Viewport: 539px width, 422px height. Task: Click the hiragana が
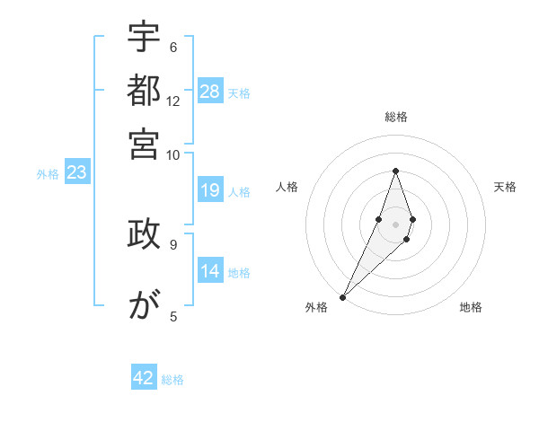click(144, 305)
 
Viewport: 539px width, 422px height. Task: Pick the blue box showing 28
click(210, 91)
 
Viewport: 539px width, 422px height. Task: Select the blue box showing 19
click(210, 189)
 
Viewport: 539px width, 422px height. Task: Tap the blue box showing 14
click(210, 270)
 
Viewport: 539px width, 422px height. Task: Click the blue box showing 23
click(76, 172)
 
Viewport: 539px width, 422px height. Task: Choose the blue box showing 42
click(144, 378)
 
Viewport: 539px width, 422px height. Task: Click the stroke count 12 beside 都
click(173, 101)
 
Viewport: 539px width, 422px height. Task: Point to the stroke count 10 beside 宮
click(173, 154)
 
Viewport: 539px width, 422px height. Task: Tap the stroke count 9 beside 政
click(173, 243)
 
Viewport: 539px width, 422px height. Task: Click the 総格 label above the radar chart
click(395, 117)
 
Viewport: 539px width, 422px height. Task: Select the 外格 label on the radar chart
click(316, 307)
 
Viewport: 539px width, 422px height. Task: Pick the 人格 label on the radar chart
click(287, 187)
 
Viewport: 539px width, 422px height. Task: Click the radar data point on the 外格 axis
click(342, 296)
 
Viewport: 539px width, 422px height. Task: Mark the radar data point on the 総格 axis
click(395, 171)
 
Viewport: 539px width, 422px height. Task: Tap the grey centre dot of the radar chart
click(395, 224)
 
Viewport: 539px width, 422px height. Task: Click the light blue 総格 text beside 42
click(173, 380)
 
